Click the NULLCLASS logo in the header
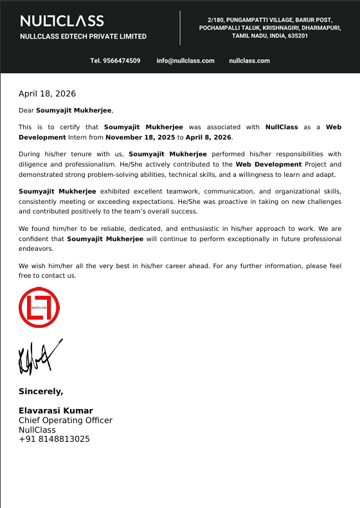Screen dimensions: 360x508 point(62,21)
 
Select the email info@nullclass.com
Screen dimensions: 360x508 point(185,60)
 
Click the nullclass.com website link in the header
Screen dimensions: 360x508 point(249,60)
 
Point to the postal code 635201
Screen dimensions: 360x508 point(298,36)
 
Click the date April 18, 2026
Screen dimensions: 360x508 point(47,94)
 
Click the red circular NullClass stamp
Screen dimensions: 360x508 point(39,307)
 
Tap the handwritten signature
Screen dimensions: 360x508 point(39,358)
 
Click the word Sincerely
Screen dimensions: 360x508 point(40,391)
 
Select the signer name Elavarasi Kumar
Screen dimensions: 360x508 point(56,410)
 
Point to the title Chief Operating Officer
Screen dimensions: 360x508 point(66,420)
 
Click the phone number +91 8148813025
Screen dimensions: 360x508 point(54,439)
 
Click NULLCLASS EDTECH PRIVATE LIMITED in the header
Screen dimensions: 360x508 point(83,37)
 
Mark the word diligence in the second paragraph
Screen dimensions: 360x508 point(32,164)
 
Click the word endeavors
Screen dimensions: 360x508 point(36,248)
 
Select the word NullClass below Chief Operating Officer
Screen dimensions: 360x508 point(37,430)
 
